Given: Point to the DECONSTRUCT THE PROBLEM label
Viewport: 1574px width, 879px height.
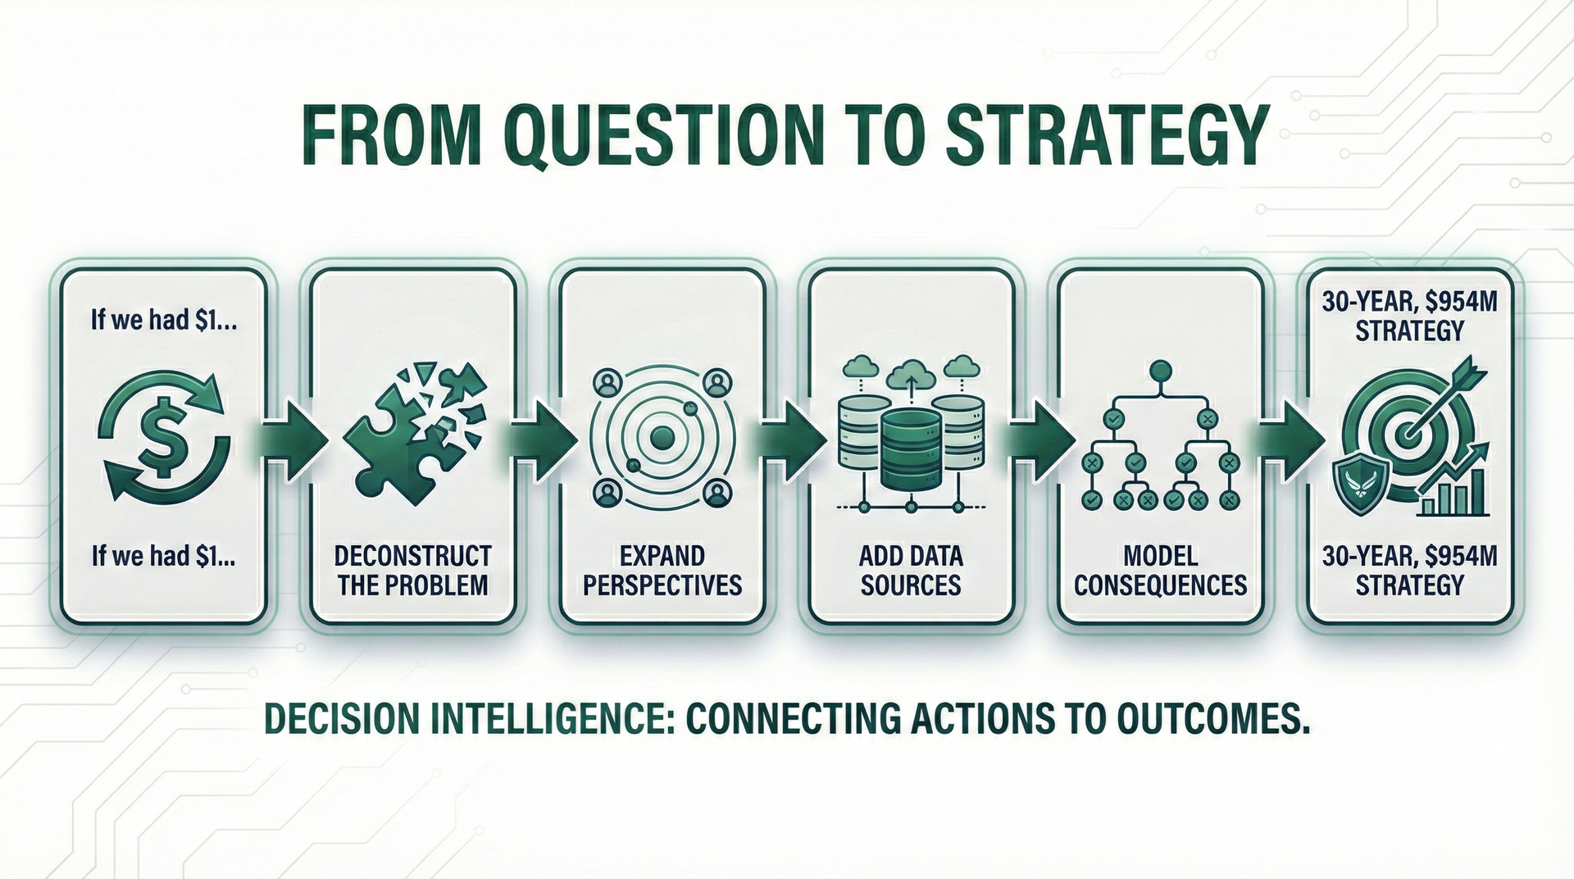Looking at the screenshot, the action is [412, 571].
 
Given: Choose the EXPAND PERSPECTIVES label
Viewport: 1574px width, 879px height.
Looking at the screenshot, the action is [662, 571].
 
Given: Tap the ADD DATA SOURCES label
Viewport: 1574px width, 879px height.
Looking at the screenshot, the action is [911, 571].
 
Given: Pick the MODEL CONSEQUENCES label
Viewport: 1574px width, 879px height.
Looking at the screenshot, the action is [1160, 571].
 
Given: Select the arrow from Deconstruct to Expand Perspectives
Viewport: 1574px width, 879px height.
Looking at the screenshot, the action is [539, 437].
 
